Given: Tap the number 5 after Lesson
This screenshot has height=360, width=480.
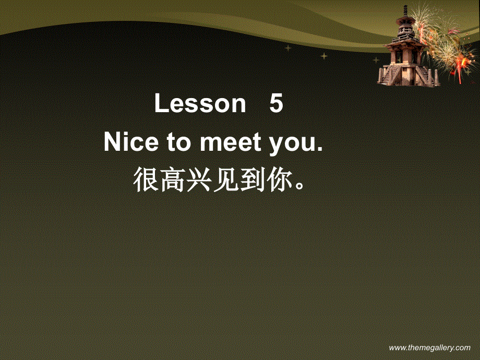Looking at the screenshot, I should pos(276,104).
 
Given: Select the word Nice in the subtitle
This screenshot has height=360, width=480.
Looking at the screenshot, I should pos(128,143).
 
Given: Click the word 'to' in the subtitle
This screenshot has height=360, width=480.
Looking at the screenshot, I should pos(178,143).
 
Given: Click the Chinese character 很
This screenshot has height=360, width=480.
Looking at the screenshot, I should pos(146,179).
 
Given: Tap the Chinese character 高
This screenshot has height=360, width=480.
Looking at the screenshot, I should pos(173,179).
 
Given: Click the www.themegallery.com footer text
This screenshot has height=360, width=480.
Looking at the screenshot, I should pos(430,347).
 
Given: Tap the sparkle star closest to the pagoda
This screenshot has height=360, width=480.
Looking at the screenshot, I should pos(376,60).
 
